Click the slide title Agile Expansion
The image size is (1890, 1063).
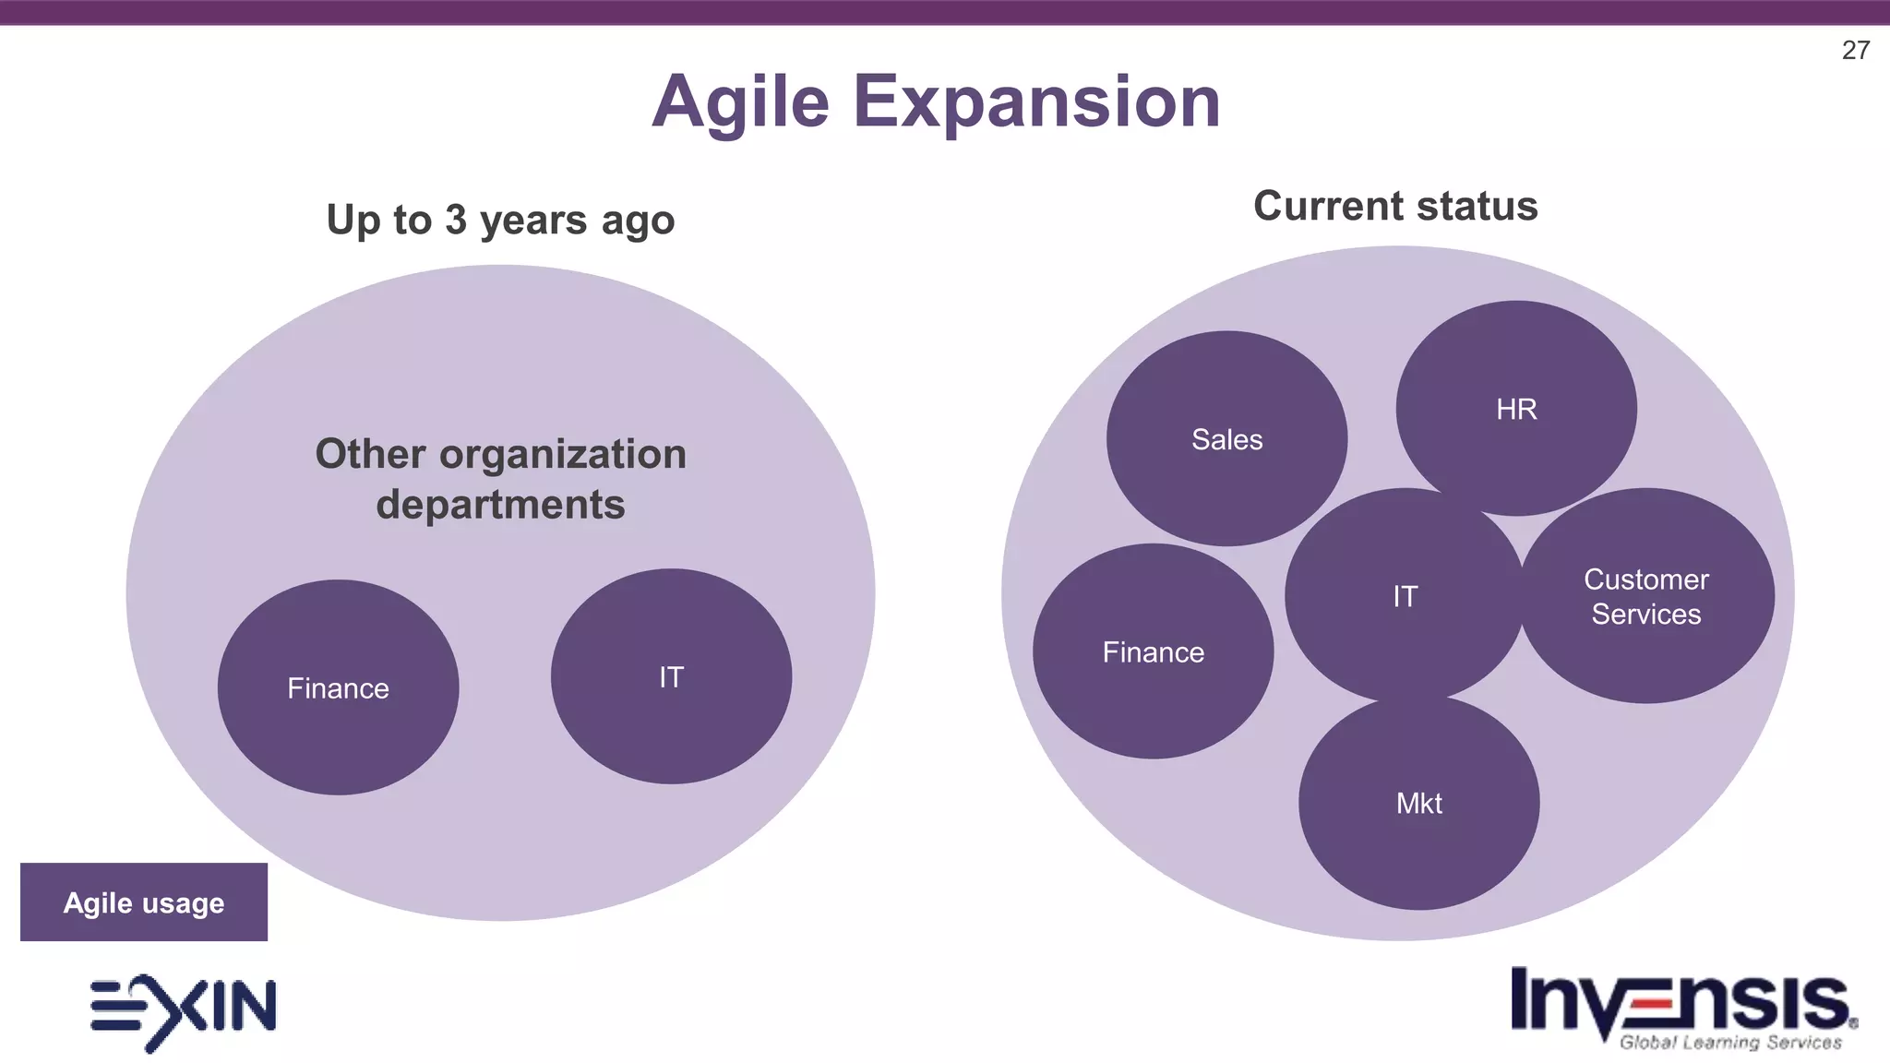pos(936,102)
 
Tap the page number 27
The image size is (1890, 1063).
pos(1855,50)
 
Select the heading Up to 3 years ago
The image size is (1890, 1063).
pos(500,220)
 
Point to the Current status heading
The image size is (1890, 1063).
pos(1395,206)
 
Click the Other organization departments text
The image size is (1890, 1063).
pos(500,478)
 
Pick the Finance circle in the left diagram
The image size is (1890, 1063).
pos(338,687)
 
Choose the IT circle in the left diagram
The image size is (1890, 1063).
pos(671,676)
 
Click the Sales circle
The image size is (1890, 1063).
pos(1226,438)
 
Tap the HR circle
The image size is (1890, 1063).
pos(1516,408)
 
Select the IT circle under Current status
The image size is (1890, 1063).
pos(1405,596)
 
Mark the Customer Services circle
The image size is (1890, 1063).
pos(1646,596)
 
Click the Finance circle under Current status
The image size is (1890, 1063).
pos(1153,651)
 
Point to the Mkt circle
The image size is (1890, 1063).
pos(1418,803)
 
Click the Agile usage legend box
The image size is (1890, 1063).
pos(144,902)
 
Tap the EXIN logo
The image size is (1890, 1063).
pos(183,1009)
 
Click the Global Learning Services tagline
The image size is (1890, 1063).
pos(1730,1043)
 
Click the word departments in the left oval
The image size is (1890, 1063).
pos(500,505)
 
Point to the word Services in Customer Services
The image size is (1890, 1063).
pos(1646,614)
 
